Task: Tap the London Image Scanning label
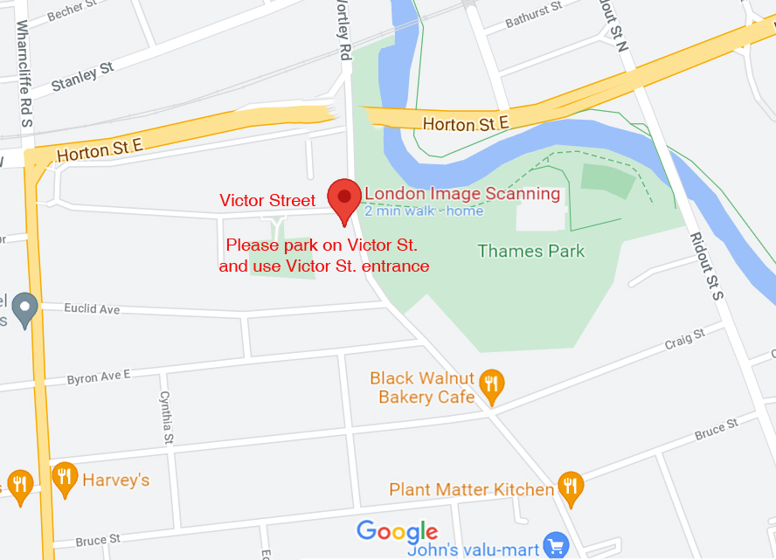click(x=461, y=193)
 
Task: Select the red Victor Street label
click(x=267, y=201)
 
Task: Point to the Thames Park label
click(x=530, y=252)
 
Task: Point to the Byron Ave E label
click(x=99, y=377)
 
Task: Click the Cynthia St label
click(x=166, y=418)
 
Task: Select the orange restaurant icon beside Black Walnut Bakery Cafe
click(x=493, y=384)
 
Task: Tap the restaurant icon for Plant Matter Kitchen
click(x=571, y=488)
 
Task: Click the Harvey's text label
click(x=116, y=480)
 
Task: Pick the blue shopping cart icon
click(x=554, y=547)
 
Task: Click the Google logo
click(x=397, y=531)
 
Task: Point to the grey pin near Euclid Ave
click(x=24, y=308)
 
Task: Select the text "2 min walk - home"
click(x=424, y=211)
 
